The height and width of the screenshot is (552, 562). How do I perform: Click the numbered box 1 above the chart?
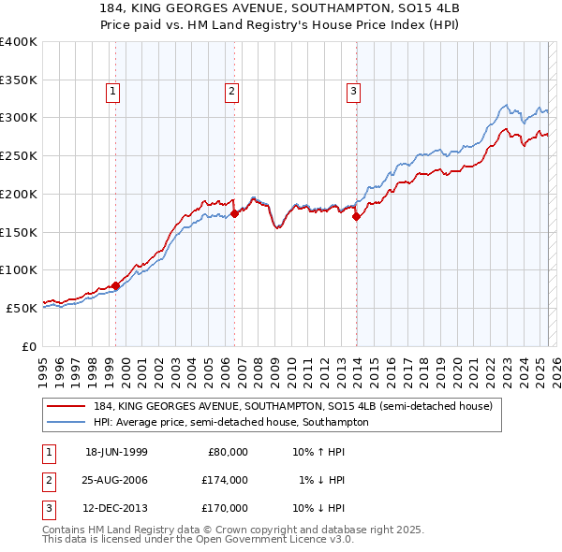pos(112,91)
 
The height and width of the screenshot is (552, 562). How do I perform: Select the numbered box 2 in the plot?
pos(231,91)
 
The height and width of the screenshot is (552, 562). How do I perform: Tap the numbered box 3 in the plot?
pos(353,91)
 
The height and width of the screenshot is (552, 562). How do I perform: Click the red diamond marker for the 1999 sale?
pos(116,285)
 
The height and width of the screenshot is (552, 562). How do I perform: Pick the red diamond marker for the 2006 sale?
pos(235,213)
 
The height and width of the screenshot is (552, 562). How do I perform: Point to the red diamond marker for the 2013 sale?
pos(357,216)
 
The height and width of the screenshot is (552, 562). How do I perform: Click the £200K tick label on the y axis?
pos(19,194)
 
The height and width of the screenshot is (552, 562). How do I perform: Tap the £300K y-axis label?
pos(19,118)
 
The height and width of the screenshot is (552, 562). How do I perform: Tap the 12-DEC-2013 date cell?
pos(116,509)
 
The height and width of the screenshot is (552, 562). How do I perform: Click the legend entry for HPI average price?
pos(230,422)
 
